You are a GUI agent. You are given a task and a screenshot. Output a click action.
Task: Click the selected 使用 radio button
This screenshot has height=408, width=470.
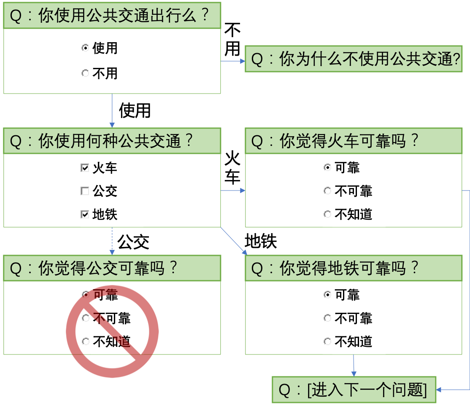pos(85,48)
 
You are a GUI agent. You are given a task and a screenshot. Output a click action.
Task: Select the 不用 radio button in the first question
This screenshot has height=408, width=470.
pos(85,73)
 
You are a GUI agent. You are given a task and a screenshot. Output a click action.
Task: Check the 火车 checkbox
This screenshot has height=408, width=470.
pos(85,168)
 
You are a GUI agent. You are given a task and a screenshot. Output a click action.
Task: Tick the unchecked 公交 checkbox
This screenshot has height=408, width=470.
pos(85,191)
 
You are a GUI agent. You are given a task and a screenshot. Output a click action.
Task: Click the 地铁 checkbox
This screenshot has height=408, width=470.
pos(85,215)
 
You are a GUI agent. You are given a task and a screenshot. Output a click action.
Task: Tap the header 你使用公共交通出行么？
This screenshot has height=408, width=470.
pos(112,16)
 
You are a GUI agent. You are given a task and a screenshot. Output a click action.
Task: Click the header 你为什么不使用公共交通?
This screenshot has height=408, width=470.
pos(354,59)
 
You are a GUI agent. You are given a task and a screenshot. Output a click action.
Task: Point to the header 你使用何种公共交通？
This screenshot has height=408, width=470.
pos(112,141)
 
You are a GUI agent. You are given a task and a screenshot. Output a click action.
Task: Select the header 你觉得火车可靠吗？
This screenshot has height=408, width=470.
pos(354,141)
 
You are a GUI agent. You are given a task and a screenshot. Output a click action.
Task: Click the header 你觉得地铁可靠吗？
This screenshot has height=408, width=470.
pos(354,268)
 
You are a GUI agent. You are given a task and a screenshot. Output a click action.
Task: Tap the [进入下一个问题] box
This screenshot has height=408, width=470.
pos(354,390)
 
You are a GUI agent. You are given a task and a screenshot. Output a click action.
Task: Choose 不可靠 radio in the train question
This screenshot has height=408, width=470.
pos(327,191)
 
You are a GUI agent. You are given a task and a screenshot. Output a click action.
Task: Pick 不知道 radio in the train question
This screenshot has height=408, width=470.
pos(327,214)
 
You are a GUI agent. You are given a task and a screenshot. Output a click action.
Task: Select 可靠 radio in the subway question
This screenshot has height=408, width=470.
pos(327,295)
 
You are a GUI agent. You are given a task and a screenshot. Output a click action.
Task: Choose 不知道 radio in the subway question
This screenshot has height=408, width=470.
pos(327,341)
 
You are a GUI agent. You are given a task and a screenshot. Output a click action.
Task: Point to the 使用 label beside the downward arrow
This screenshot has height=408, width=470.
pos(135,110)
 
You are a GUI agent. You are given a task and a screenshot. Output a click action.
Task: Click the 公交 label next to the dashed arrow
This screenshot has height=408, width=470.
pos(133,242)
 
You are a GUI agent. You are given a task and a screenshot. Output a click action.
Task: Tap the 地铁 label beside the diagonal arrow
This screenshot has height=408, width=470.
pos(261,241)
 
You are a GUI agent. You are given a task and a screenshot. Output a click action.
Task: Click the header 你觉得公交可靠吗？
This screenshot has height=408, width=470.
pos(112,268)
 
